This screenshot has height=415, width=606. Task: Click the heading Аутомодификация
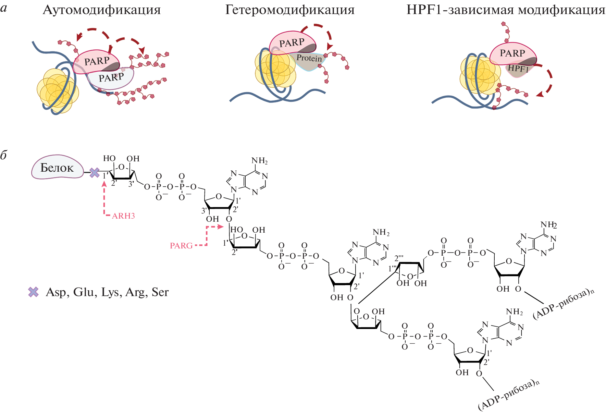pyautogui.click(x=102, y=10)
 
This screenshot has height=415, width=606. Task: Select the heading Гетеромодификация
pyautogui.click(x=290, y=10)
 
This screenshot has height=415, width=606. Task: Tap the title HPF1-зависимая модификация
pyautogui.click(x=506, y=10)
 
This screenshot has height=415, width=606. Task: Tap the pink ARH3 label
pyautogui.click(x=123, y=216)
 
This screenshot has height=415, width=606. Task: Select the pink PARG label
pyautogui.click(x=181, y=246)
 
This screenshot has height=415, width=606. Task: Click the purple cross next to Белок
pyautogui.click(x=95, y=173)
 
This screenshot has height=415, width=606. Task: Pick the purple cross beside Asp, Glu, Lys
pyautogui.click(x=33, y=292)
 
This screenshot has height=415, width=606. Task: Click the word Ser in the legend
pyautogui.click(x=160, y=292)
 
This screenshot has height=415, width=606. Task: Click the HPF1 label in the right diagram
pyautogui.click(x=518, y=69)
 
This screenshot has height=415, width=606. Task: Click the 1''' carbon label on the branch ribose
pyautogui.click(x=392, y=269)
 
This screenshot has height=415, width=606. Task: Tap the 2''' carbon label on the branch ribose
pyautogui.click(x=399, y=258)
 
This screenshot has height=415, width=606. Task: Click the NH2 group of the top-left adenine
pyautogui.click(x=259, y=161)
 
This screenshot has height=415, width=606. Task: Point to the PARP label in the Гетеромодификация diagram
pyautogui.click(x=292, y=43)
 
